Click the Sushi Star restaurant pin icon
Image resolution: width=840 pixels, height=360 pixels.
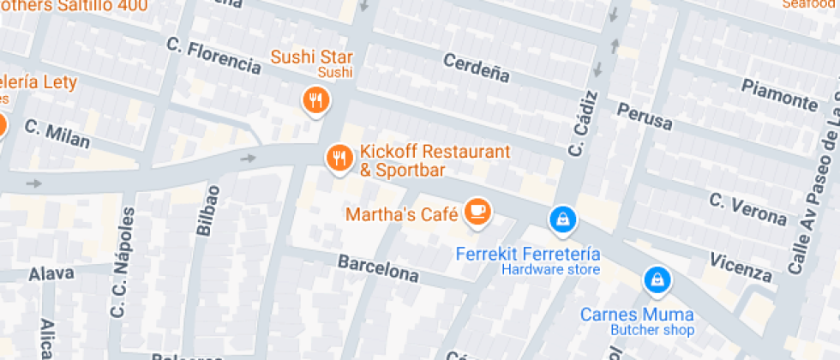[x=316, y=100]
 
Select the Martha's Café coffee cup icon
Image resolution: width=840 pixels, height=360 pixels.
[x=477, y=211]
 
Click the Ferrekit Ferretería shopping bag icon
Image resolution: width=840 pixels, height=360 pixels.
[x=562, y=219]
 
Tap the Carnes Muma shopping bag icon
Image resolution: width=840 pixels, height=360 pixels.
[x=656, y=279]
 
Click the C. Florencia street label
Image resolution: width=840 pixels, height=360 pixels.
[x=214, y=56]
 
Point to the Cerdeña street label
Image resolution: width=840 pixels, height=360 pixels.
[x=477, y=68]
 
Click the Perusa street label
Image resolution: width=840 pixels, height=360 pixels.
[x=645, y=116]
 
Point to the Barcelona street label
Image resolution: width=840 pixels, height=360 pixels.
[x=379, y=268]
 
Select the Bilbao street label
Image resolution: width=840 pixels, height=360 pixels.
[x=207, y=211]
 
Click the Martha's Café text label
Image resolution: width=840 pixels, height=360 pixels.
[x=401, y=213]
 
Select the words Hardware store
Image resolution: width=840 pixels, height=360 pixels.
[x=550, y=270]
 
